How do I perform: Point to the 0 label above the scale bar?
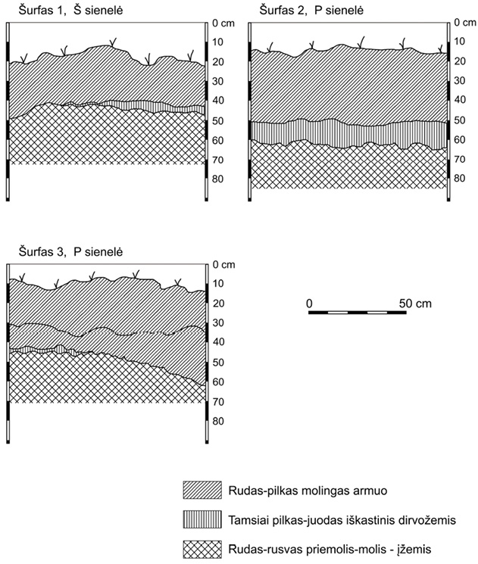click(x=310, y=303)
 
